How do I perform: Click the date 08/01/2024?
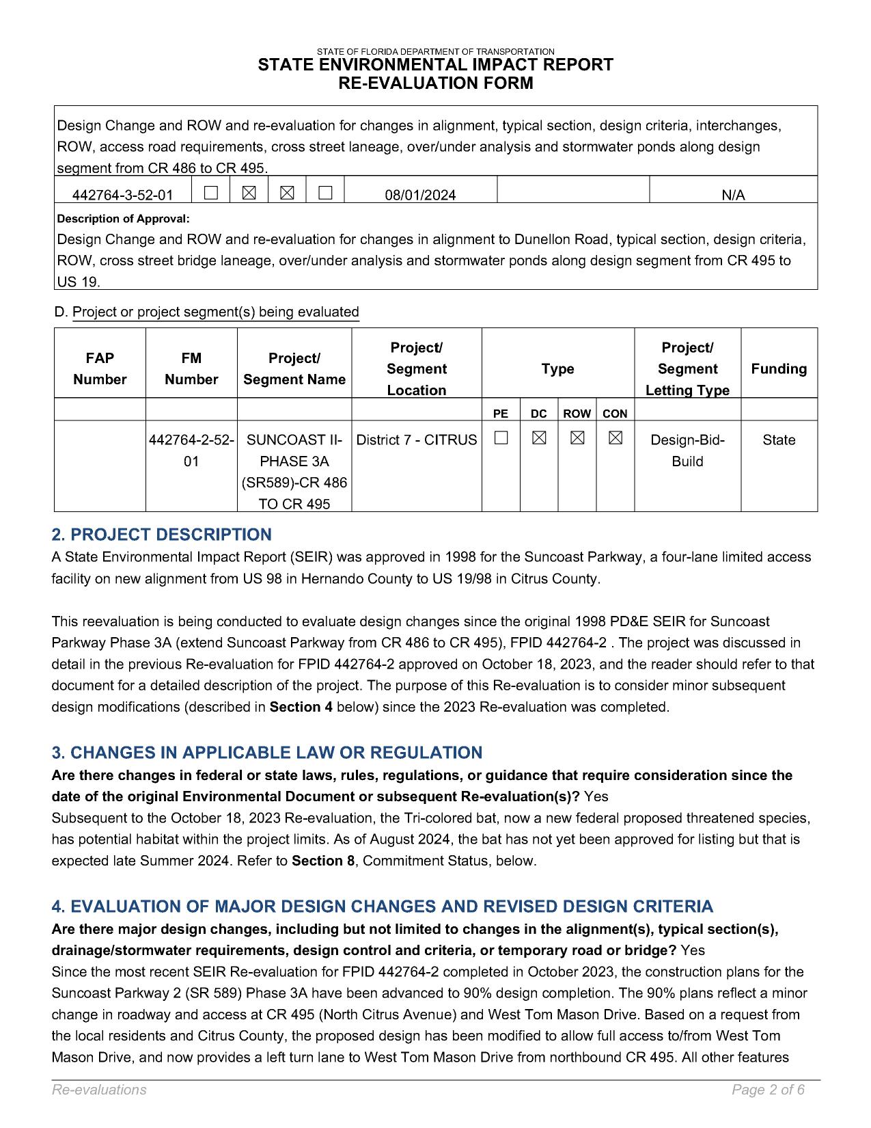(420, 196)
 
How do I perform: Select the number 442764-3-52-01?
(123, 196)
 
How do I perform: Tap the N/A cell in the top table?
(733, 196)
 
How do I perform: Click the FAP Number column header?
(100, 368)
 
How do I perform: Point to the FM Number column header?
(191, 368)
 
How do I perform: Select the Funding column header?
(779, 369)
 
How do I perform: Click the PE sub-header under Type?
(501, 414)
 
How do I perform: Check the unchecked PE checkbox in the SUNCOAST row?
(501, 439)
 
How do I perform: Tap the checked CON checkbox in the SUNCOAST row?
(615, 439)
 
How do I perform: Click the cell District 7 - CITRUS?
(417, 440)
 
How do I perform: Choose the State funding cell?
(779, 440)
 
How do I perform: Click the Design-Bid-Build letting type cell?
(687, 451)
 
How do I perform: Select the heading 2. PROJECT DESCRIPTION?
(162, 535)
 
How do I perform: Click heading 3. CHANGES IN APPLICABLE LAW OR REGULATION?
(267, 753)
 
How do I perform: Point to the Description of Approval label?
(123, 219)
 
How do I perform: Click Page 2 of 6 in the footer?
(768, 1090)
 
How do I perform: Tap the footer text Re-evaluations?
(99, 1090)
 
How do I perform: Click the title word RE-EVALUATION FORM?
(436, 83)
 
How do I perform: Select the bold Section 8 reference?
(323, 861)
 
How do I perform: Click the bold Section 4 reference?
(301, 707)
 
